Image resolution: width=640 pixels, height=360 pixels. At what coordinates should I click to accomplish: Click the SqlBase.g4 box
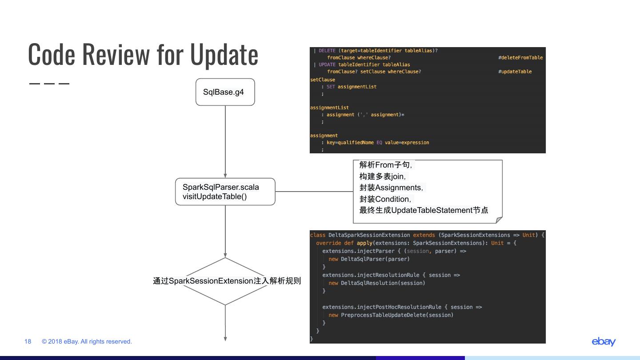pos(225,92)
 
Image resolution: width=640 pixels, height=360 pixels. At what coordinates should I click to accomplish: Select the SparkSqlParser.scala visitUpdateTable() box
pos(225,192)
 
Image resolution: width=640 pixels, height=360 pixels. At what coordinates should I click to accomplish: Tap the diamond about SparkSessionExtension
pos(225,281)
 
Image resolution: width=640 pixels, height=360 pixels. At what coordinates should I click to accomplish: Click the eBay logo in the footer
pos(603,341)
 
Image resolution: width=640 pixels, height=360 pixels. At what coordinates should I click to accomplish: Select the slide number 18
pos(28,341)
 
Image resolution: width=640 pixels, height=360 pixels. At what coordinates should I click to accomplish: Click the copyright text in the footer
pos(87,341)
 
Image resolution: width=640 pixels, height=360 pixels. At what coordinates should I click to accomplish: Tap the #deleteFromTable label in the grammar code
pos(520,58)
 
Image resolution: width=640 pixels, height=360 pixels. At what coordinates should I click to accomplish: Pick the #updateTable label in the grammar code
pos(515,72)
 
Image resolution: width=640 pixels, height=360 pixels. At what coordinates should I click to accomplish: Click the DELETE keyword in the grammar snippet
pos(327,51)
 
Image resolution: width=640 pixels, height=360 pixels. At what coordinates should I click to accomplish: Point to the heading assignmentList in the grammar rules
pos(329,108)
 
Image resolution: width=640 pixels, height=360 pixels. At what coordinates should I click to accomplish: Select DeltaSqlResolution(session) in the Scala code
pos(383,283)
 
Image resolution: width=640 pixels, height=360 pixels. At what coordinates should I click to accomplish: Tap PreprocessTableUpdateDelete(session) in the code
pos(397,315)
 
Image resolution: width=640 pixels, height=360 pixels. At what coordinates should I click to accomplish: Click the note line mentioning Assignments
pos(391,188)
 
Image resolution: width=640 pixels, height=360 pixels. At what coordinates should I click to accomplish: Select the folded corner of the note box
pos(499,220)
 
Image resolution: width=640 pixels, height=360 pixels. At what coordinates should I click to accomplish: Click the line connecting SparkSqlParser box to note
pos(314,192)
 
